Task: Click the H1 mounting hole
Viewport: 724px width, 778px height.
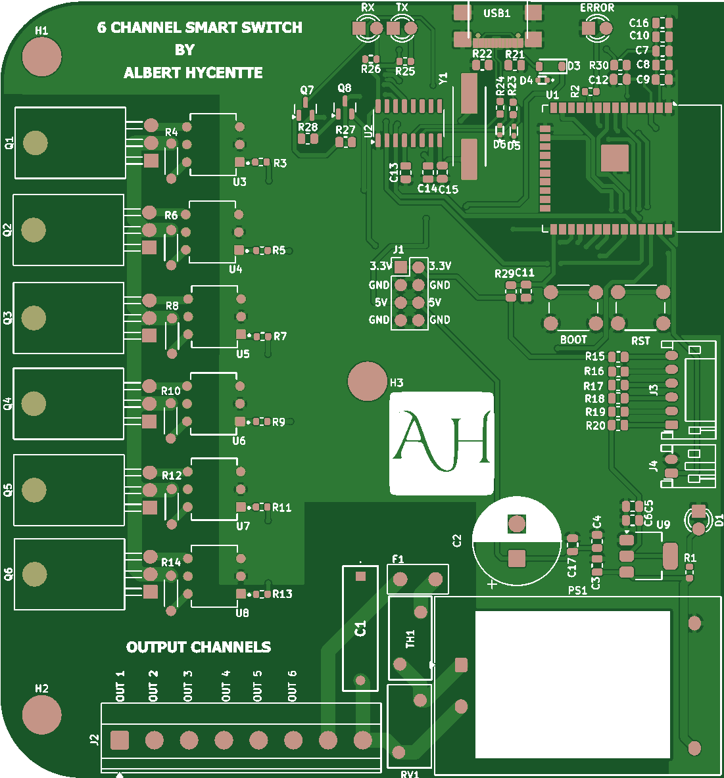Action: click(x=41, y=57)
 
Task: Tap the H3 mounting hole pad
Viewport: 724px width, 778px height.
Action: click(x=367, y=381)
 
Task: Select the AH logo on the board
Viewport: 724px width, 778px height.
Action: click(x=442, y=444)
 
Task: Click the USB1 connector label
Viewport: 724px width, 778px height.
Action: click(x=496, y=13)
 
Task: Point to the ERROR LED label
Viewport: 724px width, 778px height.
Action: click(x=597, y=8)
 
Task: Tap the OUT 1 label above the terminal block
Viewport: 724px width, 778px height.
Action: click(x=120, y=686)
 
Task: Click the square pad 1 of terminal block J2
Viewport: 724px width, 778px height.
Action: click(x=119, y=741)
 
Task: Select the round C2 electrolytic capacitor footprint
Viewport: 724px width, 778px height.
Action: click(x=517, y=541)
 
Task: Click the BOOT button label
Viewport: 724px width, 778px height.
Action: click(x=573, y=340)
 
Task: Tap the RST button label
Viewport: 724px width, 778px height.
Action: click(x=640, y=341)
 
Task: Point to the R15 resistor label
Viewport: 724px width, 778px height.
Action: click(x=594, y=356)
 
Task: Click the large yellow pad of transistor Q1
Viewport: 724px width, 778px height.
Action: click(x=35, y=143)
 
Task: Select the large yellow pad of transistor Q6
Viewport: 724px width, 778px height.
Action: click(x=34, y=574)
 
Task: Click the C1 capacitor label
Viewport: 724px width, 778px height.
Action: click(x=360, y=629)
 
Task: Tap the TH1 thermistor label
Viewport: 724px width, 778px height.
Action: click(x=410, y=639)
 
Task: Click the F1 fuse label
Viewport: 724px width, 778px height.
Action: click(x=398, y=559)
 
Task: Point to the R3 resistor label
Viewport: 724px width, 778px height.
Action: click(x=280, y=163)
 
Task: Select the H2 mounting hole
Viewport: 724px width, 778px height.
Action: click(x=41, y=715)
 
